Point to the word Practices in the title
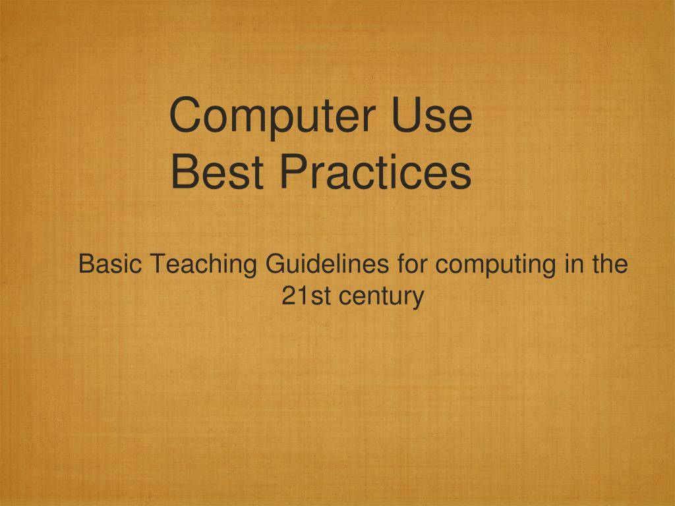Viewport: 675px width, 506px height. pos(374,172)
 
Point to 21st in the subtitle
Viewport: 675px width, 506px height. pos(306,296)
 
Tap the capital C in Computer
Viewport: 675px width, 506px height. pos(184,115)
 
